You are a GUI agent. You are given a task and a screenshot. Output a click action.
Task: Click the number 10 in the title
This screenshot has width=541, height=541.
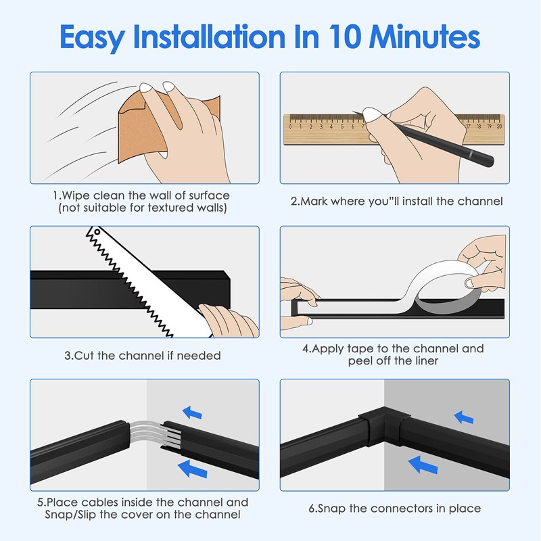[344, 37]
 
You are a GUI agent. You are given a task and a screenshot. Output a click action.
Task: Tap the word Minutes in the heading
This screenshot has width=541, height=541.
[425, 37]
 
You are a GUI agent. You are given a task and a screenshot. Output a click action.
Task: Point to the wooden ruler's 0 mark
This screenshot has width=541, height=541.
[290, 126]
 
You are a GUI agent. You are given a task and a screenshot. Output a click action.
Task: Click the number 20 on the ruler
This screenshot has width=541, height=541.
[499, 126]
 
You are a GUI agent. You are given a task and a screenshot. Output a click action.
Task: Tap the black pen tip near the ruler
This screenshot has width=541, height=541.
[353, 112]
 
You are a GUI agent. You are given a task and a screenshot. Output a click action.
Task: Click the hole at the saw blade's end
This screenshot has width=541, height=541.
[97, 232]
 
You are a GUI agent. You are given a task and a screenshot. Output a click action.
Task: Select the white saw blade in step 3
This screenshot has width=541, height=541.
[145, 281]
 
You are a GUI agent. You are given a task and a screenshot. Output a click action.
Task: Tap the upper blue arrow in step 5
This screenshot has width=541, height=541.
[192, 413]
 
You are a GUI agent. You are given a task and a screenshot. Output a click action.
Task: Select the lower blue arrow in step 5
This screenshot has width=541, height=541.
[193, 469]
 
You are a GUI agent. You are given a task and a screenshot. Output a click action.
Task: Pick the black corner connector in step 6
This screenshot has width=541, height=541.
[383, 424]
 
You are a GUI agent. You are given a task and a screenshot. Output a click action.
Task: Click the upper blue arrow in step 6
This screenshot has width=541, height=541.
[464, 417]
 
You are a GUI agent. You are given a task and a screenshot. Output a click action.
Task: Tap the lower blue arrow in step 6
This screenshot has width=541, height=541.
[423, 465]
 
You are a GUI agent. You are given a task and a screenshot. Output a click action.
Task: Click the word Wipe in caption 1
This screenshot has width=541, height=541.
[76, 195]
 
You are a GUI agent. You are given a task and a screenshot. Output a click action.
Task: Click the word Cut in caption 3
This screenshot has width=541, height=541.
[84, 356]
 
